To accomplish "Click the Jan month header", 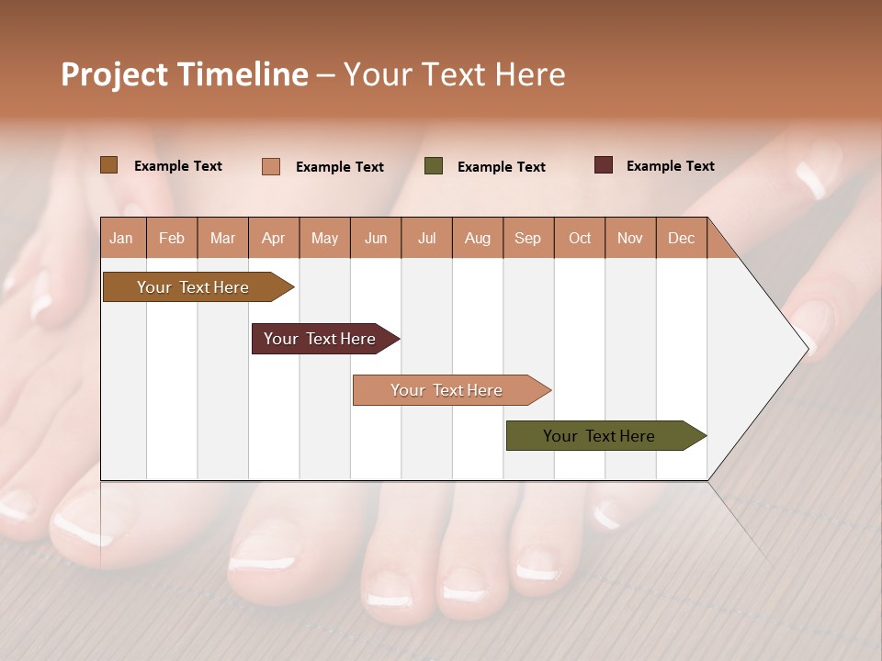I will [121, 238].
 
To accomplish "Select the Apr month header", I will [273, 238].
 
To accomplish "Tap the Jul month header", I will [426, 238].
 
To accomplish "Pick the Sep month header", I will [527, 238].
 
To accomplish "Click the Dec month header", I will [681, 238].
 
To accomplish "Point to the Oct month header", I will [580, 238].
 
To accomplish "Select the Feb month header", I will [172, 238].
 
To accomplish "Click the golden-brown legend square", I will [109, 165].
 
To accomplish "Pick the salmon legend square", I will [271, 166].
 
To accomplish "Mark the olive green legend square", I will [434, 166].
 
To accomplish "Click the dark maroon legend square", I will [604, 165].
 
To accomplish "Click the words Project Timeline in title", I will [185, 74].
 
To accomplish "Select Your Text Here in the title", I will [454, 74].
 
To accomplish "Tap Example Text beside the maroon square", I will [670, 166].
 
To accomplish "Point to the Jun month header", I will [376, 238].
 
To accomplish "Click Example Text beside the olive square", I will [501, 167].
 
